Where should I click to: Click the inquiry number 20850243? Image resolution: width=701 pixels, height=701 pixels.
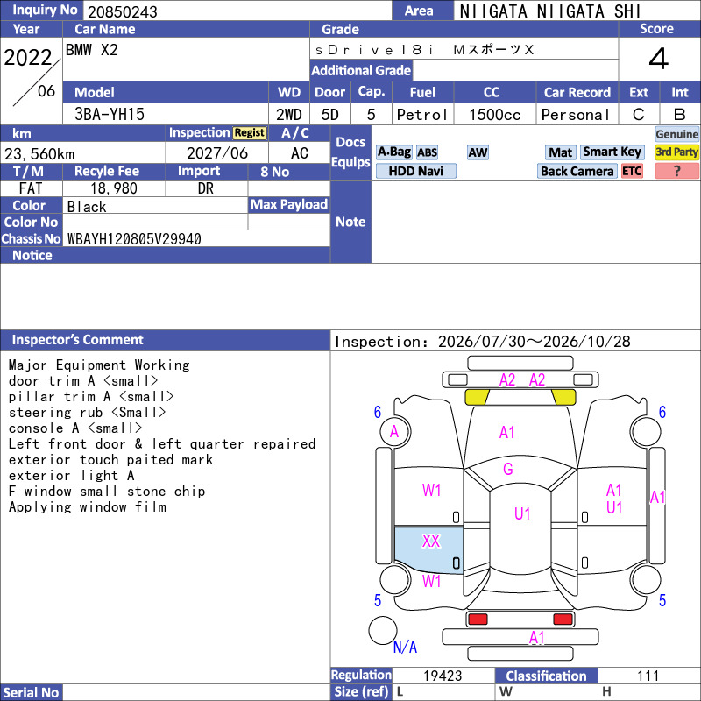click(123, 11)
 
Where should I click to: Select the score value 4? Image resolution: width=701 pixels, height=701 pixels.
click(659, 59)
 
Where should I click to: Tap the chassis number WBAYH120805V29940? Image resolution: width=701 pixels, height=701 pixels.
click(134, 239)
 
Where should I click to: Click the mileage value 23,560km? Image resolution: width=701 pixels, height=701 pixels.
click(39, 154)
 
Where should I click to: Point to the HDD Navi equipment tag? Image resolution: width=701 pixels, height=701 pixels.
click(415, 171)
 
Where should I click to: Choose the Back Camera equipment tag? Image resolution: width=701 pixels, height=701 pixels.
click(577, 171)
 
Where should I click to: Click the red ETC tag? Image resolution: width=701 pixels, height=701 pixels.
click(632, 171)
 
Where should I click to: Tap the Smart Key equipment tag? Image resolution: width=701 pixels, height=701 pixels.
click(612, 152)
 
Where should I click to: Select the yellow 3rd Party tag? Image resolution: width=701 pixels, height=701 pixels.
click(676, 152)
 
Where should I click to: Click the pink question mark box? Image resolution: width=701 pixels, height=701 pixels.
click(676, 171)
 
